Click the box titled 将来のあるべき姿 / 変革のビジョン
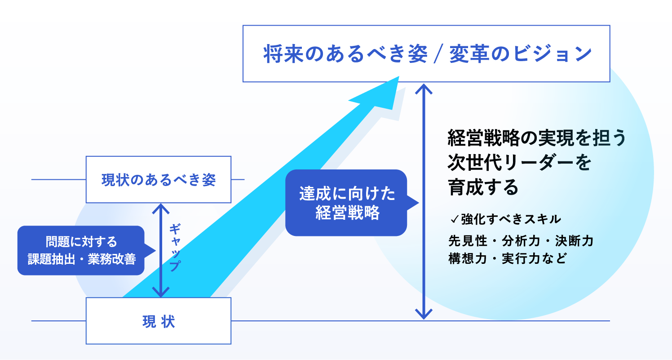[x=426, y=53]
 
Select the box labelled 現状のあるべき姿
[x=158, y=180]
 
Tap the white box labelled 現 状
[x=158, y=321]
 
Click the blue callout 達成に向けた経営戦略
[x=346, y=203]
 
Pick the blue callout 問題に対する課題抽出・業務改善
[x=81, y=250]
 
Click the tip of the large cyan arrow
[x=397, y=78]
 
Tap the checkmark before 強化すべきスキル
[x=454, y=220]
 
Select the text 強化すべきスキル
[x=511, y=219]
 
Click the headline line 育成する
[x=483, y=187]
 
